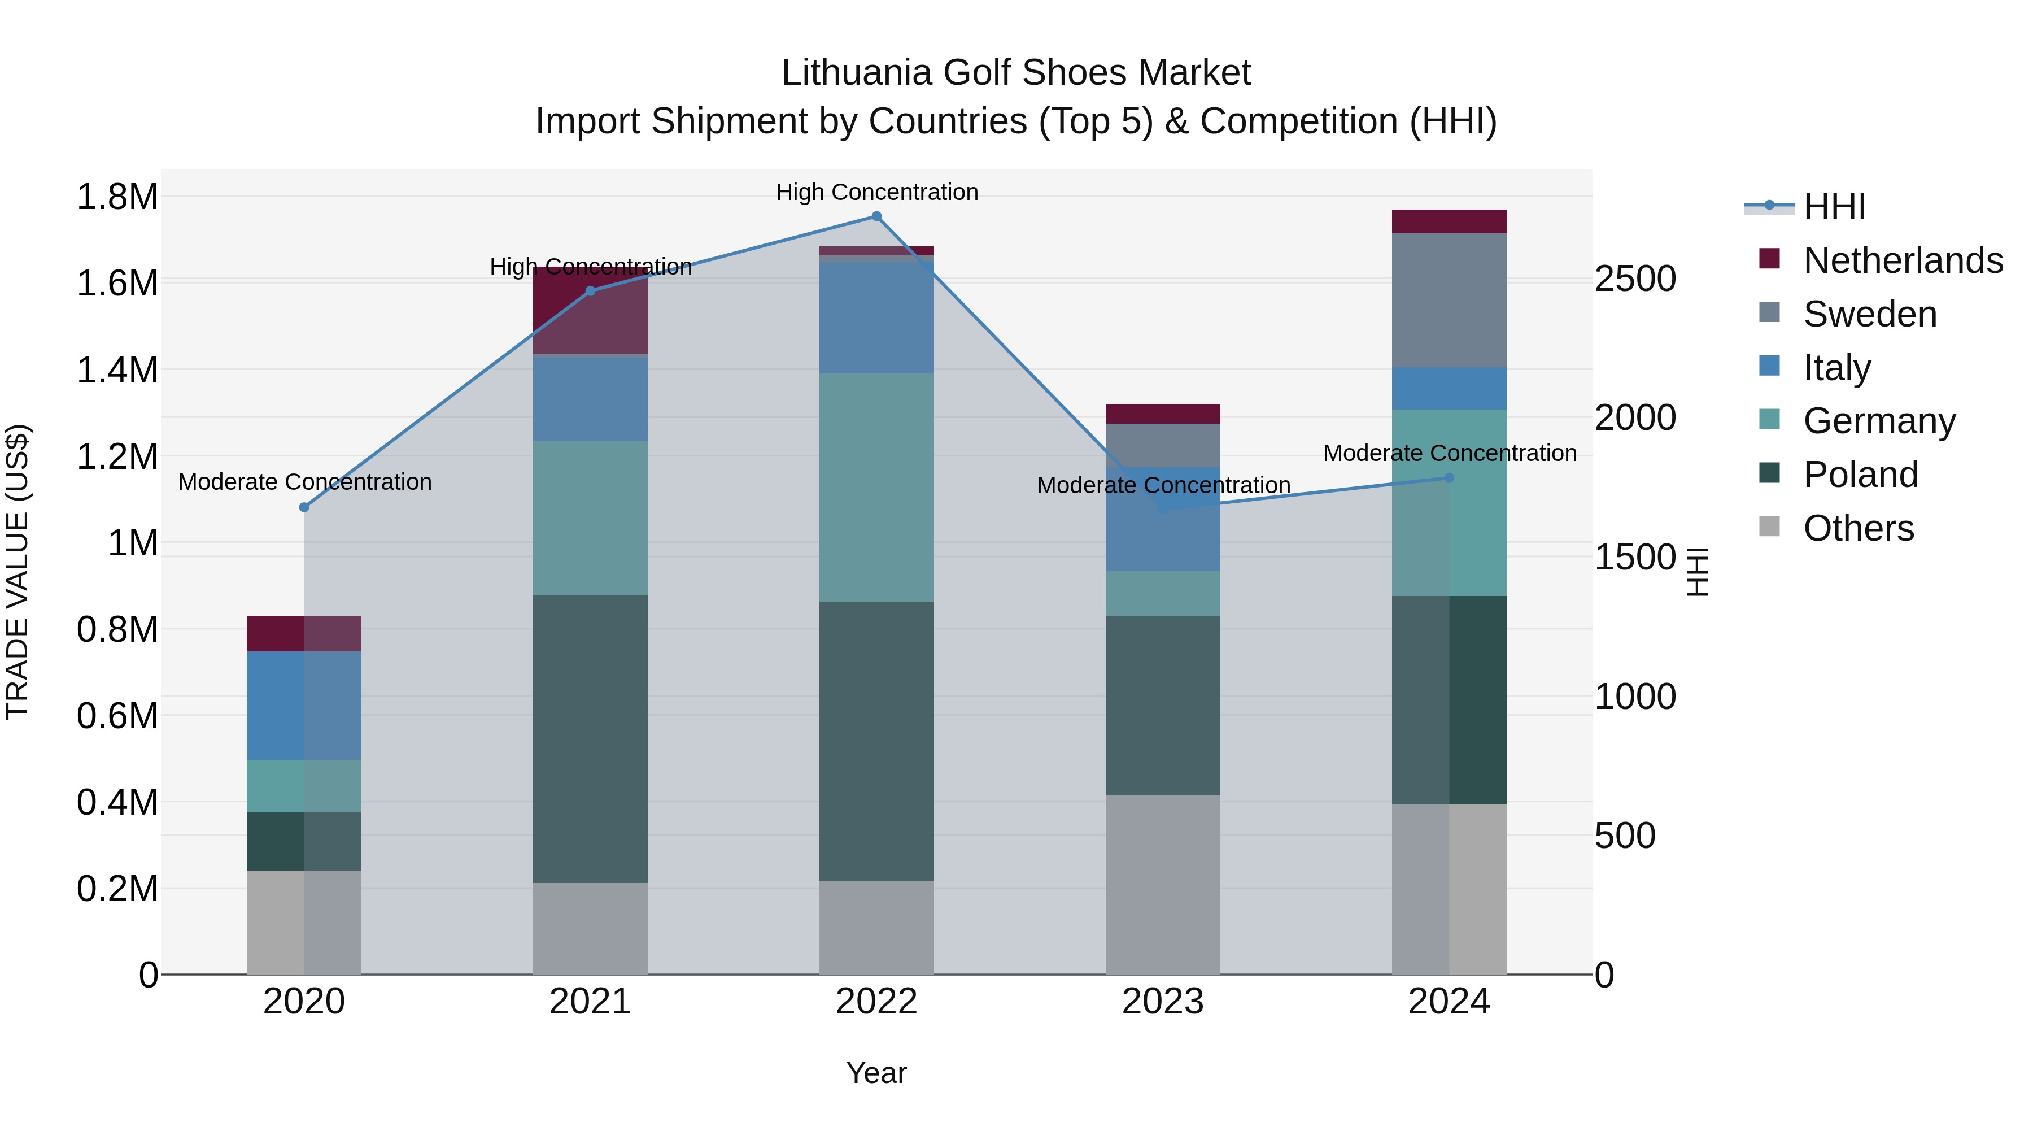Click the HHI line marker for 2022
pyautogui.click(x=876, y=216)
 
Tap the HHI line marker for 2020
pyautogui.click(x=304, y=508)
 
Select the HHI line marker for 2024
pyautogui.click(x=1449, y=477)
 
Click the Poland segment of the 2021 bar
pyautogui.click(x=590, y=738)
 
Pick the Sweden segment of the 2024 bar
pyautogui.click(x=1449, y=300)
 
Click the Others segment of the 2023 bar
pyautogui.click(x=1163, y=884)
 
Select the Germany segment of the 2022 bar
pyautogui.click(x=876, y=487)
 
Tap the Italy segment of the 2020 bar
pyautogui.click(x=304, y=705)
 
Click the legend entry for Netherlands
pyautogui.click(x=1902, y=260)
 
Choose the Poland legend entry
pyautogui.click(x=1860, y=475)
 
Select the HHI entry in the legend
pyautogui.click(x=1833, y=207)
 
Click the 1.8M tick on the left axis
pyautogui.click(x=117, y=197)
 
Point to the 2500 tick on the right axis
pyautogui.click(x=1635, y=279)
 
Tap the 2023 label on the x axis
pyautogui.click(x=1163, y=1002)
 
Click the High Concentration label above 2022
pyautogui.click(x=876, y=192)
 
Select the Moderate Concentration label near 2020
pyautogui.click(x=304, y=481)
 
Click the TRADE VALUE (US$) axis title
pyautogui.click(x=18, y=572)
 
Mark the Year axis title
pyautogui.click(x=876, y=1073)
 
